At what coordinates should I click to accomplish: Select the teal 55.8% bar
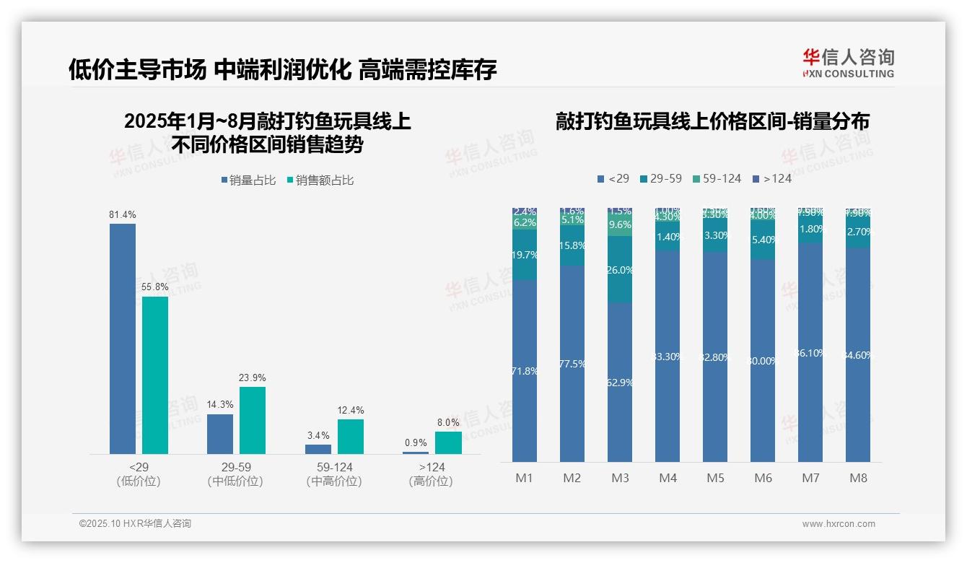click(x=155, y=375)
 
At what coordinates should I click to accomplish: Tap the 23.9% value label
click(x=253, y=377)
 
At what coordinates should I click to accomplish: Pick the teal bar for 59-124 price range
click(x=351, y=437)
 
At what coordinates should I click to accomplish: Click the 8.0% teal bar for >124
click(x=448, y=442)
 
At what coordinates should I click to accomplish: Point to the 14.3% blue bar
click(x=220, y=434)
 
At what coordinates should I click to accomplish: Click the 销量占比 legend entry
click(x=249, y=180)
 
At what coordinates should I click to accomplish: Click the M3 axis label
click(x=620, y=478)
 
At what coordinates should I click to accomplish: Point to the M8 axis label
click(x=858, y=478)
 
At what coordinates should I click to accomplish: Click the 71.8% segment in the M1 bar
click(x=525, y=371)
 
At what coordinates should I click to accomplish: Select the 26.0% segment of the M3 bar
click(x=620, y=269)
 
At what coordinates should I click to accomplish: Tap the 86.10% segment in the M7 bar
click(x=810, y=353)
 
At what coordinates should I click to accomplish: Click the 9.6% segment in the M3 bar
click(x=620, y=225)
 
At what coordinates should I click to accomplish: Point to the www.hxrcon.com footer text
click(x=839, y=524)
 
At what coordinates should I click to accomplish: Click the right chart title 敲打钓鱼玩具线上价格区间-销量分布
click(x=712, y=121)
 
